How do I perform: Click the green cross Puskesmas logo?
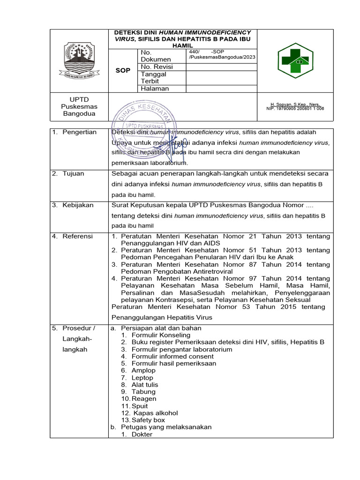tap(295, 61)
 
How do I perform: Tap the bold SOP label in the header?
tap(123, 70)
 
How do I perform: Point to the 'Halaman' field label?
tap(155, 89)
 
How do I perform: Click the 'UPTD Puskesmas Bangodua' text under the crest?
tap(79, 107)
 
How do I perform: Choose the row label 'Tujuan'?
tap(74, 173)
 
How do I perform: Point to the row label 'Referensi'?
tap(78, 236)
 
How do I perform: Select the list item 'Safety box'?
tap(148, 420)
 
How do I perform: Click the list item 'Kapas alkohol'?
tap(156, 413)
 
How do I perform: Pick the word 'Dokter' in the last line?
tap(142, 434)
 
